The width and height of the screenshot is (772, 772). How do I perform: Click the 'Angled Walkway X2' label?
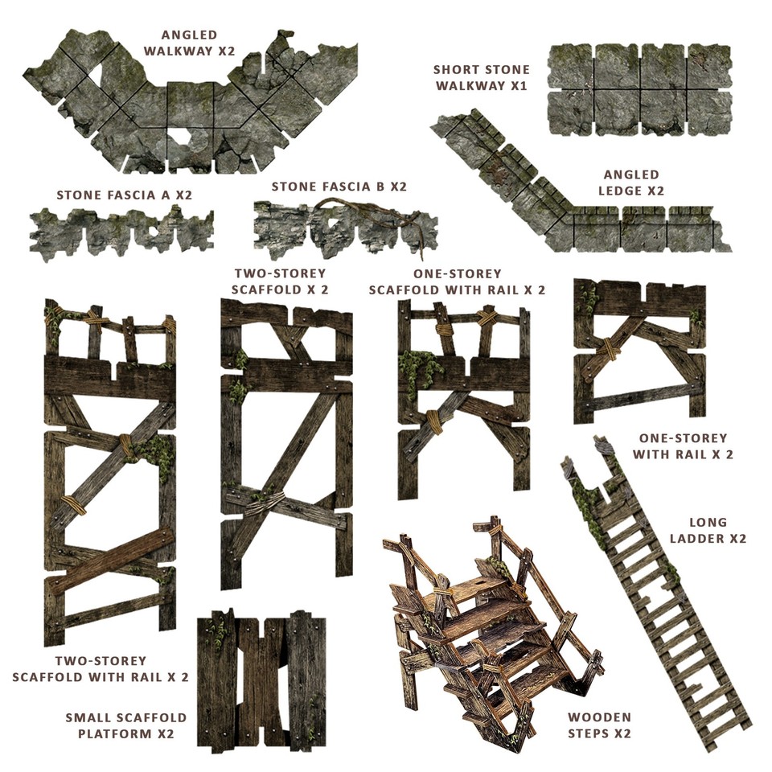click(189, 43)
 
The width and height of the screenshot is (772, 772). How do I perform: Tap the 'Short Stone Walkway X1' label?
click(480, 77)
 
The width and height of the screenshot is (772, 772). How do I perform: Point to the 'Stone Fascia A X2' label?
click(125, 195)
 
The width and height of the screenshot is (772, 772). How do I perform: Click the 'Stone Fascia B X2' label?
click(339, 187)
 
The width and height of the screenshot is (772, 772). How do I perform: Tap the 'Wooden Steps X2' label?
click(600, 725)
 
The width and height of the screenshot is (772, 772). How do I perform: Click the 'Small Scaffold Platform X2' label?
click(126, 725)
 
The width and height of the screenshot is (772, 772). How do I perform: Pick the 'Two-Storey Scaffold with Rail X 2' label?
click(101, 669)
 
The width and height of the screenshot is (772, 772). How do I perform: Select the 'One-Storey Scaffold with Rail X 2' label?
click(457, 281)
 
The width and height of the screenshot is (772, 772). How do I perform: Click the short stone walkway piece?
click(639, 89)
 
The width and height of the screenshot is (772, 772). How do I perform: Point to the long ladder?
click(655, 587)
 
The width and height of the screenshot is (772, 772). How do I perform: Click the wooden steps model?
click(491, 627)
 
